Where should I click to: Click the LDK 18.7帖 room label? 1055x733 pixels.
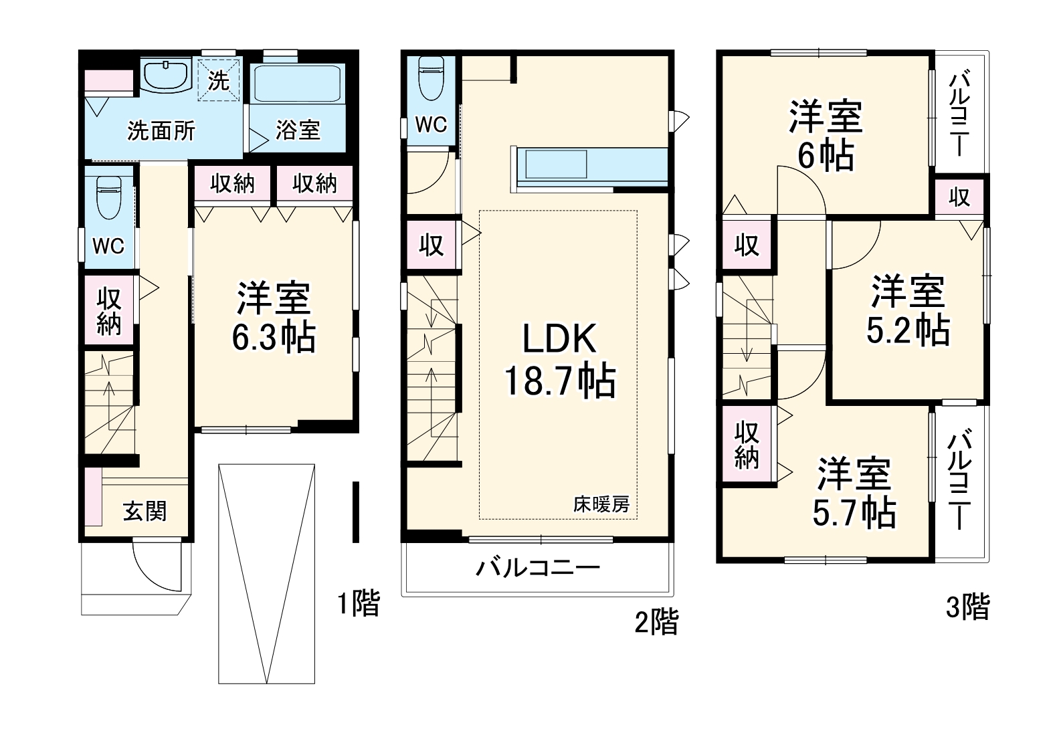click(x=559, y=360)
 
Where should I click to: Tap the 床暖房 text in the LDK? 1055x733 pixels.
click(x=601, y=505)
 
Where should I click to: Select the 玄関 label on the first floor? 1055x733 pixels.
click(x=145, y=511)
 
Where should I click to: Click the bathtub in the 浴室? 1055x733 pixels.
click(x=297, y=84)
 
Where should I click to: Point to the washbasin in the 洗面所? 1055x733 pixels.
click(x=167, y=76)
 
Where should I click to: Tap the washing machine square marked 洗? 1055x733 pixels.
click(x=219, y=80)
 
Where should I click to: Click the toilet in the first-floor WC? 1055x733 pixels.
click(x=109, y=198)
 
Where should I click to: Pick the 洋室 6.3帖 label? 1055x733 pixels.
click(x=274, y=317)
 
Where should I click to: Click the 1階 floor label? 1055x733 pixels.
click(x=359, y=603)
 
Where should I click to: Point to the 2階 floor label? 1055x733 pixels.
click(x=656, y=622)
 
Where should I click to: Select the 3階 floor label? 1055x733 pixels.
click(x=967, y=607)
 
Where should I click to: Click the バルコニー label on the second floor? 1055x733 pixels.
click(x=538, y=568)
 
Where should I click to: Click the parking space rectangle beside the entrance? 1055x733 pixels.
click(x=266, y=574)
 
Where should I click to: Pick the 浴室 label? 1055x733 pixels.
click(x=298, y=130)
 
